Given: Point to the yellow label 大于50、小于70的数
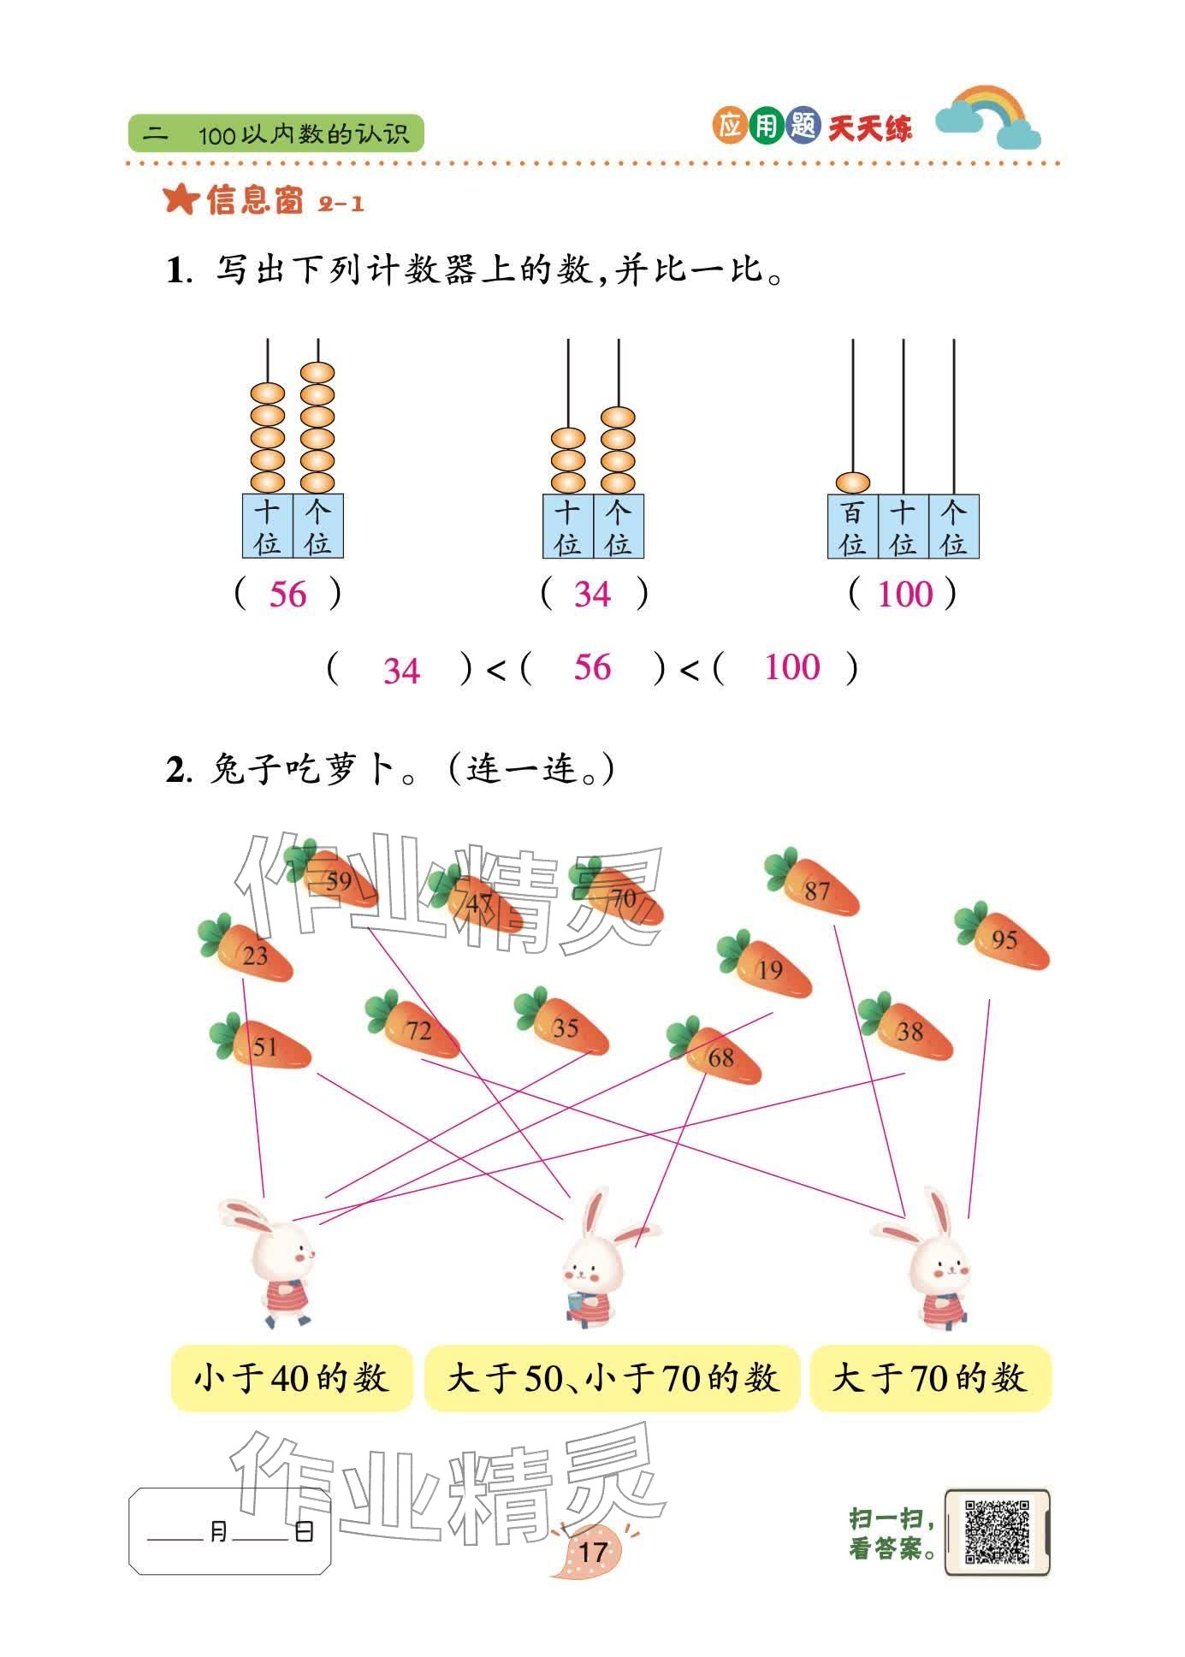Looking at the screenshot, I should (x=612, y=1378).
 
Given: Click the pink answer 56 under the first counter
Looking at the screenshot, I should (x=287, y=594).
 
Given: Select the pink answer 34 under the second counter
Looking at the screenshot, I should (x=592, y=594).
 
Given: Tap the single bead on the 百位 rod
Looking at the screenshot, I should (x=852, y=482).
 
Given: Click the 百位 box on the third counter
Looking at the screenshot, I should (x=852, y=527).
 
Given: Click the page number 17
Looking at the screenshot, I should (x=592, y=1551).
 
